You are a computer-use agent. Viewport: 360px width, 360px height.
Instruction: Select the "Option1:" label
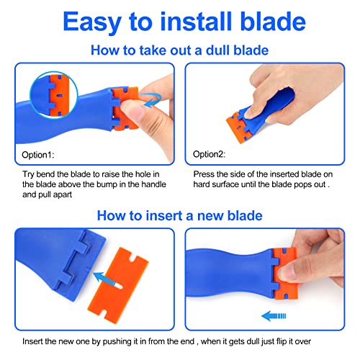click(x=36, y=153)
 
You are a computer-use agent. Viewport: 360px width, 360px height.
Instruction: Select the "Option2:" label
click(x=209, y=153)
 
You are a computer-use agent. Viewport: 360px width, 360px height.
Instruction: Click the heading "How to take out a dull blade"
click(x=180, y=50)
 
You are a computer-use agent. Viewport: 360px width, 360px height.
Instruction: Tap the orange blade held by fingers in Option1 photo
click(x=130, y=107)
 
